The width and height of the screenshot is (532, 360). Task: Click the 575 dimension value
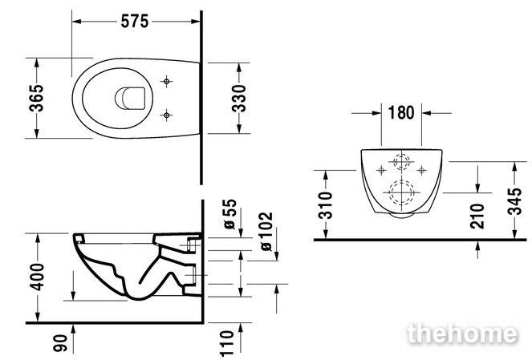tap(135, 22)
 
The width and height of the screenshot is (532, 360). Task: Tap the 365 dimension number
tap(36, 98)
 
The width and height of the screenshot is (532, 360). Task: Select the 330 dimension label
tap(238, 99)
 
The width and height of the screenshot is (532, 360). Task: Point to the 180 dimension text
tap(401, 112)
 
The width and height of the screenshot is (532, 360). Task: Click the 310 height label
tap(327, 205)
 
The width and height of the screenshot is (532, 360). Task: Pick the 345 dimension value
tap(514, 201)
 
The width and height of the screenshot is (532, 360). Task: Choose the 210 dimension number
tap(477, 216)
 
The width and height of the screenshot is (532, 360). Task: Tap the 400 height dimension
tap(37, 277)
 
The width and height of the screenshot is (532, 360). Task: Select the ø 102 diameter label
tap(266, 232)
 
